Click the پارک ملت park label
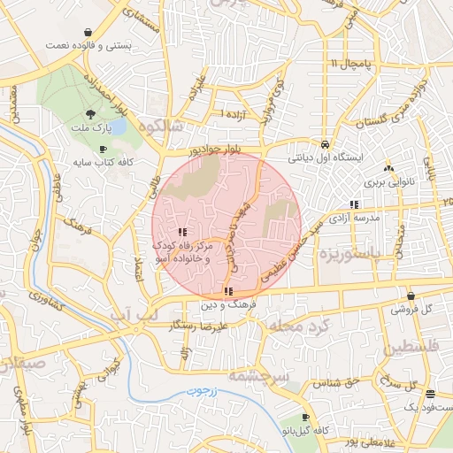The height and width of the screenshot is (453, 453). point(90,127)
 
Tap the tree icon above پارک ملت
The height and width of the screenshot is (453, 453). point(91,114)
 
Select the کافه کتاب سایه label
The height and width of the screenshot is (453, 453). point(101,163)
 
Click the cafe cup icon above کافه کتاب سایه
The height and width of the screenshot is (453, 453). point(104,150)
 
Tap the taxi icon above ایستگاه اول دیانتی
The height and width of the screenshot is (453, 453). point(326,143)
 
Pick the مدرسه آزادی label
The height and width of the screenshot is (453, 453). point(354,217)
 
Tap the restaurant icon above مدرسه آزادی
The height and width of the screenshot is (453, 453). point(354,204)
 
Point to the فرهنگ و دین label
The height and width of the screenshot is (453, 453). point(227,303)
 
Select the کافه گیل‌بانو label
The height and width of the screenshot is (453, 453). point(307,429)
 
